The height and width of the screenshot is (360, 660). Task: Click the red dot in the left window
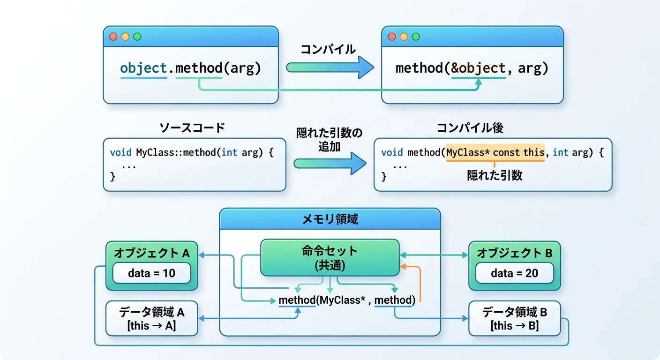(113, 37)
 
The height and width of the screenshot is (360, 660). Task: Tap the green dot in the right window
(415, 37)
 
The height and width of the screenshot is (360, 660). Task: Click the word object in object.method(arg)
(143, 68)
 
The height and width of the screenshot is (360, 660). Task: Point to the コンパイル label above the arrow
(328, 49)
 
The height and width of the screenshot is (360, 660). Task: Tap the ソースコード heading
(192, 127)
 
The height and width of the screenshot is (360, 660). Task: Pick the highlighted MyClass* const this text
(495, 152)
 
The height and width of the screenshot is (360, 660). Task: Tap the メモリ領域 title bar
(330, 219)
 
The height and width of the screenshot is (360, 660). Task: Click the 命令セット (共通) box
(330, 257)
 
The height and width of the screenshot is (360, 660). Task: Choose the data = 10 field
(151, 273)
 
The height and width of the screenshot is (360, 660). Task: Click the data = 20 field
(514, 273)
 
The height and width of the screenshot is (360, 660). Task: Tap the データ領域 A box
(151, 318)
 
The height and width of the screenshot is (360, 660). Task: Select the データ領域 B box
(514, 318)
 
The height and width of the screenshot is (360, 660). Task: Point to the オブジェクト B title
(514, 253)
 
